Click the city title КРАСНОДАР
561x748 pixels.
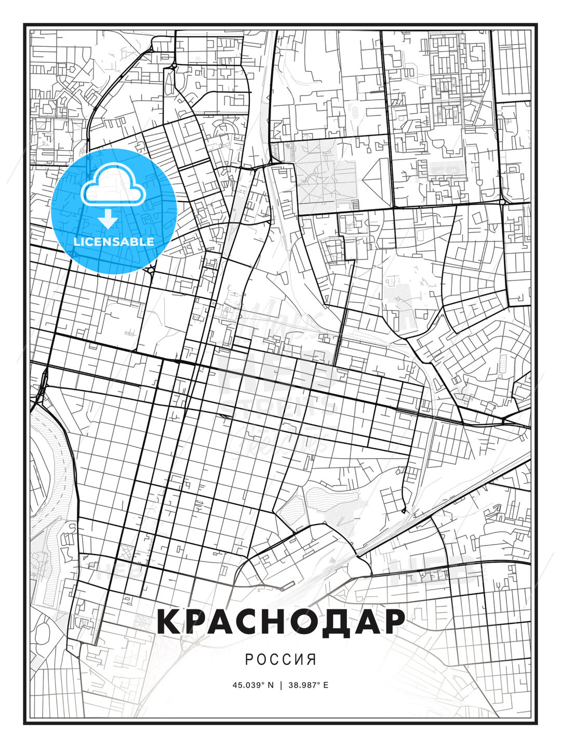(x=280, y=621)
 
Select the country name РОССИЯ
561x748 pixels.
(x=280, y=660)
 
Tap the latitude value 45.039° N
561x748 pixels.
(x=252, y=685)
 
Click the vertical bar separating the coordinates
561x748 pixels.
(x=280, y=685)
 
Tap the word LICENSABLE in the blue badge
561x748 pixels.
(x=114, y=242)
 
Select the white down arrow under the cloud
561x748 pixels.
(x=108, y=219)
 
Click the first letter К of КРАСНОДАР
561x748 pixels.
(x=169, y=621)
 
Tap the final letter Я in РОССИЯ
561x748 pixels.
(x=311, y=660)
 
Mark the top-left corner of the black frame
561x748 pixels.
(x=24, y=24)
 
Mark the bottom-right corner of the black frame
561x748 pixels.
(x=536, y=723)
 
